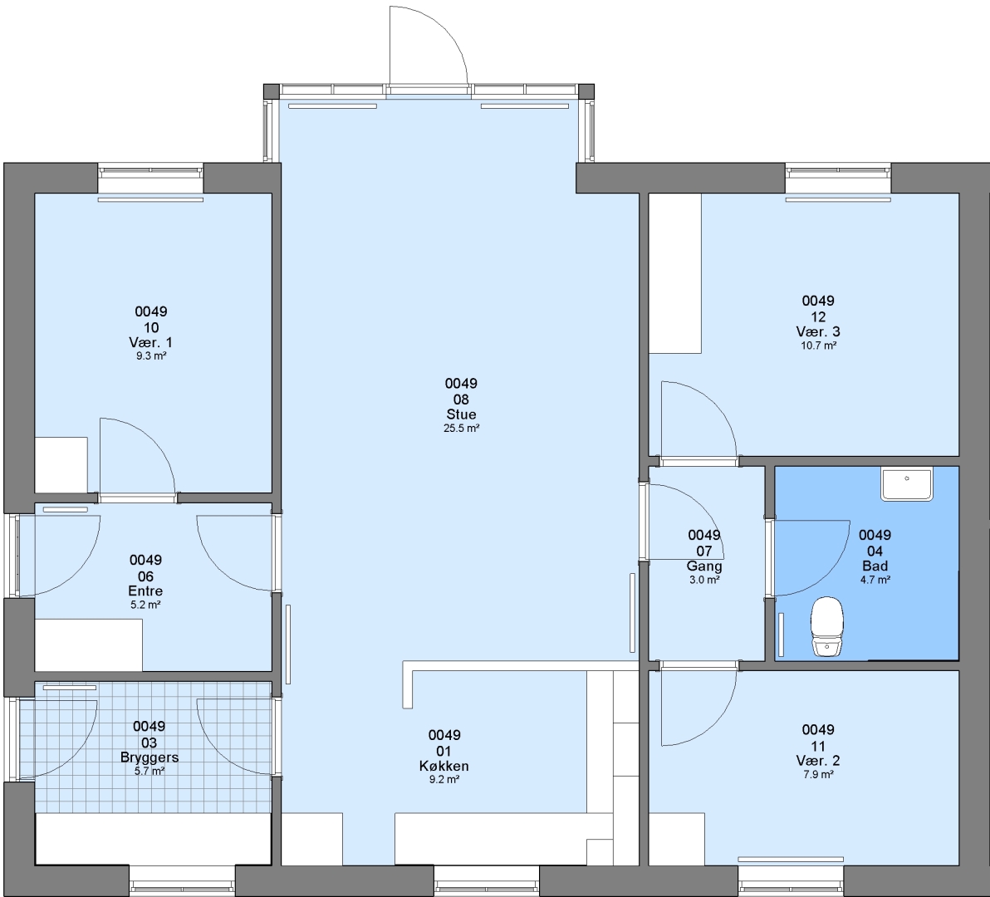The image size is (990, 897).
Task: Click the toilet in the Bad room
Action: click(827, 627)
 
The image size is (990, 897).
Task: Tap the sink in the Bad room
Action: click(907, 484)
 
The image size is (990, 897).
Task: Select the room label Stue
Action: click(461, 414)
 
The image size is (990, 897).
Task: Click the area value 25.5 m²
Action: click(461, 429)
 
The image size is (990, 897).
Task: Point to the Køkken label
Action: click(444, 767)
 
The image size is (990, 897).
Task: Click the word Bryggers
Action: click(149, 757)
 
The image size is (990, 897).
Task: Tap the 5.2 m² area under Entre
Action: click(145, 605)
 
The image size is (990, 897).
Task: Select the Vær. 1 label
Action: click(150, 343)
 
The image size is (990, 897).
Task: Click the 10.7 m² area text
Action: click(818, 346)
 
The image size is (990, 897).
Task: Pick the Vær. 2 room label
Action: click(818, 761)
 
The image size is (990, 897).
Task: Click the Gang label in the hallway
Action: click(704, 566)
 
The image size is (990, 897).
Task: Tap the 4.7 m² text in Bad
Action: click(875, 580)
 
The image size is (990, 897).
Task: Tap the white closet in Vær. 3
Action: click(675, 273)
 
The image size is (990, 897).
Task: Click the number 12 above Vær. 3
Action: click(818, 317)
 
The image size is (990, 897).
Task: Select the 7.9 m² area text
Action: click(818, 775)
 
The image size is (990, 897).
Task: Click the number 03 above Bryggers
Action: click(149, 743)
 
